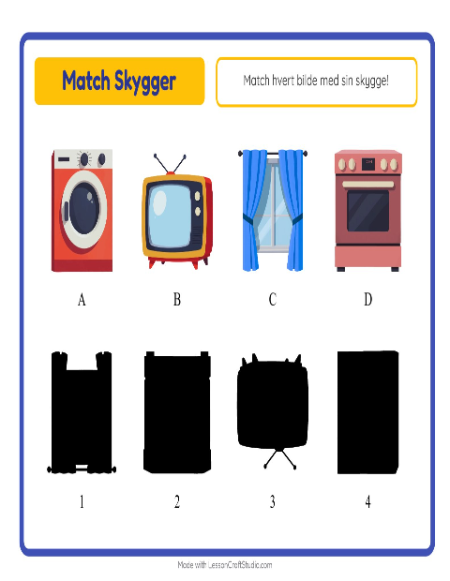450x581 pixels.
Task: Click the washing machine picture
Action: [82, 211]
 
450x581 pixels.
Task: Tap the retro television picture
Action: [177, 212]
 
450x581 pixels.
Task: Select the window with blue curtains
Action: [273, 210]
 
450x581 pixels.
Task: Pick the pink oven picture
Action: [368, 211]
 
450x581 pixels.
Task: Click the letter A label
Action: [82, 299]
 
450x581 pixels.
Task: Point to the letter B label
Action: [177, 299]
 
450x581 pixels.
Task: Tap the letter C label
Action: [273, 299]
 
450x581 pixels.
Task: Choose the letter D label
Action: [368, 299]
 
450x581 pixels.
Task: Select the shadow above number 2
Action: [177, 412]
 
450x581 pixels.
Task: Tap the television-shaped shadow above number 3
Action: [273, 404]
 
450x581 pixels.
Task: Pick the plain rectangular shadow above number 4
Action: [368, 412]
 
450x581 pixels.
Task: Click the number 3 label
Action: [273, 501]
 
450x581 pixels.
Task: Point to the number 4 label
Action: [368, 501]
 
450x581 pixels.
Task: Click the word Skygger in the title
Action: [145, 82]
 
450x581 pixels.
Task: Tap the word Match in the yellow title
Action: [86, 80]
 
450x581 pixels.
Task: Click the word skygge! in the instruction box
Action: [372, 81]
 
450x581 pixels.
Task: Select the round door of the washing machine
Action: [84, 209]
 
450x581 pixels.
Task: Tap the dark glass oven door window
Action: [368, 211]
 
